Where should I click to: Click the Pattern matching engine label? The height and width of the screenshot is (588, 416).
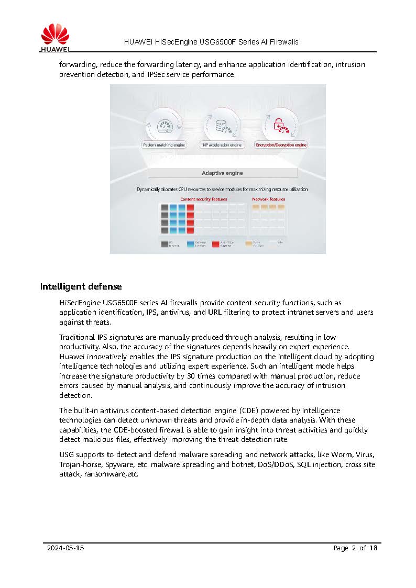coord(164,145)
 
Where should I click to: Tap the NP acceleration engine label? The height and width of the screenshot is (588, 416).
coord(222,145)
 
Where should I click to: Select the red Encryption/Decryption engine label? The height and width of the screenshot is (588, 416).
coord(281,145)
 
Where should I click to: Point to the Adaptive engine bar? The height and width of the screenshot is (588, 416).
coord(222,173)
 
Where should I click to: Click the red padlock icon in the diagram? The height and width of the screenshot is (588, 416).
coord(280,125)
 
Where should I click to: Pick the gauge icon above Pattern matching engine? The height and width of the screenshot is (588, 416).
coord(164,126)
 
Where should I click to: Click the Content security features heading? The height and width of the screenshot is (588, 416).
coord(204,199)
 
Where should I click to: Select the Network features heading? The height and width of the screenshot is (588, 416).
coord(268,199)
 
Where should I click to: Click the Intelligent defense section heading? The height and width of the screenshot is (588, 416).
coord(81,286)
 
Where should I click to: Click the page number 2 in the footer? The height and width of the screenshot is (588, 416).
coord(354,548)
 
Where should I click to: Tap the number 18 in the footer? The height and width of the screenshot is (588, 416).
coord(373,548)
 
